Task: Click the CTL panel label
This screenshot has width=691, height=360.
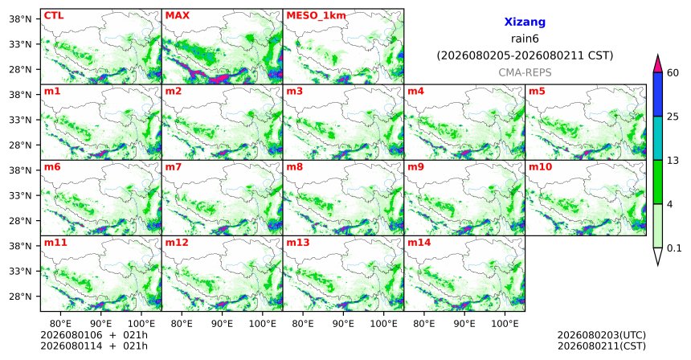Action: [54, 15]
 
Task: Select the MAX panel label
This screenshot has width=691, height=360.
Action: [177, 15]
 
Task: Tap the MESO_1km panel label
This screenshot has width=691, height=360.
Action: [316, 15]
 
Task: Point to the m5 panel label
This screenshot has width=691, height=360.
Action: [537, 92]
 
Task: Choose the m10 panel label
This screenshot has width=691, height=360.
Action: [540, 167]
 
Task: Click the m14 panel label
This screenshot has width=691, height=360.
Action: [419, 243]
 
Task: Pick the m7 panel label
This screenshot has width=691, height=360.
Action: [174, 167]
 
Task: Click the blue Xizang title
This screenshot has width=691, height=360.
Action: [525, 22]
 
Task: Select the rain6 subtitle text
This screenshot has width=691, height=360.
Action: [525, 39]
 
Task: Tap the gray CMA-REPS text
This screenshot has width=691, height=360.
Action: [525, 72]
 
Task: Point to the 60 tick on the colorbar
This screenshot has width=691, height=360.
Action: [673, 72]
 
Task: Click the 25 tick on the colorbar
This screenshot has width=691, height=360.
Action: [673, 117]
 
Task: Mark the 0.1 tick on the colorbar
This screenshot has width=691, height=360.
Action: [674, 248]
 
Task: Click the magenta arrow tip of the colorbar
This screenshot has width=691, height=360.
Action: [657, 55]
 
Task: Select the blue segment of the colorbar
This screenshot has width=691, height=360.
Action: [657, 94]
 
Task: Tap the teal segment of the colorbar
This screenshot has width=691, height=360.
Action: [657, 138]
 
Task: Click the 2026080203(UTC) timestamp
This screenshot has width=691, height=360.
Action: [602, 336]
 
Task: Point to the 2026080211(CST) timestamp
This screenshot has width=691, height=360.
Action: [602, 346]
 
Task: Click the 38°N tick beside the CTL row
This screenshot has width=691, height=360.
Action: [20, 19]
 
